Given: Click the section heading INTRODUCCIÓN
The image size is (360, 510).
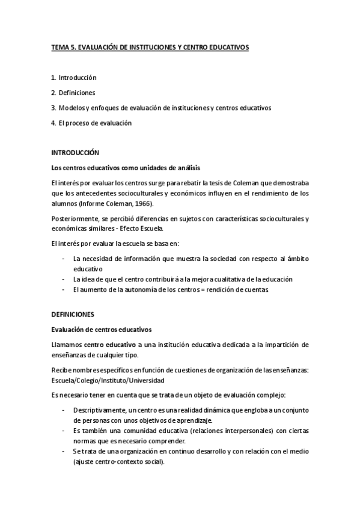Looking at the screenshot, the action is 75,153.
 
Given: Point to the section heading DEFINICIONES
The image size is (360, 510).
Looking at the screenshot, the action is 73,315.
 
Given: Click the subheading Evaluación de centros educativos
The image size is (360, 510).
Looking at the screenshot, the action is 101,330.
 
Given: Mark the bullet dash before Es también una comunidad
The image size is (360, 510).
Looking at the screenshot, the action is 64,432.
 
